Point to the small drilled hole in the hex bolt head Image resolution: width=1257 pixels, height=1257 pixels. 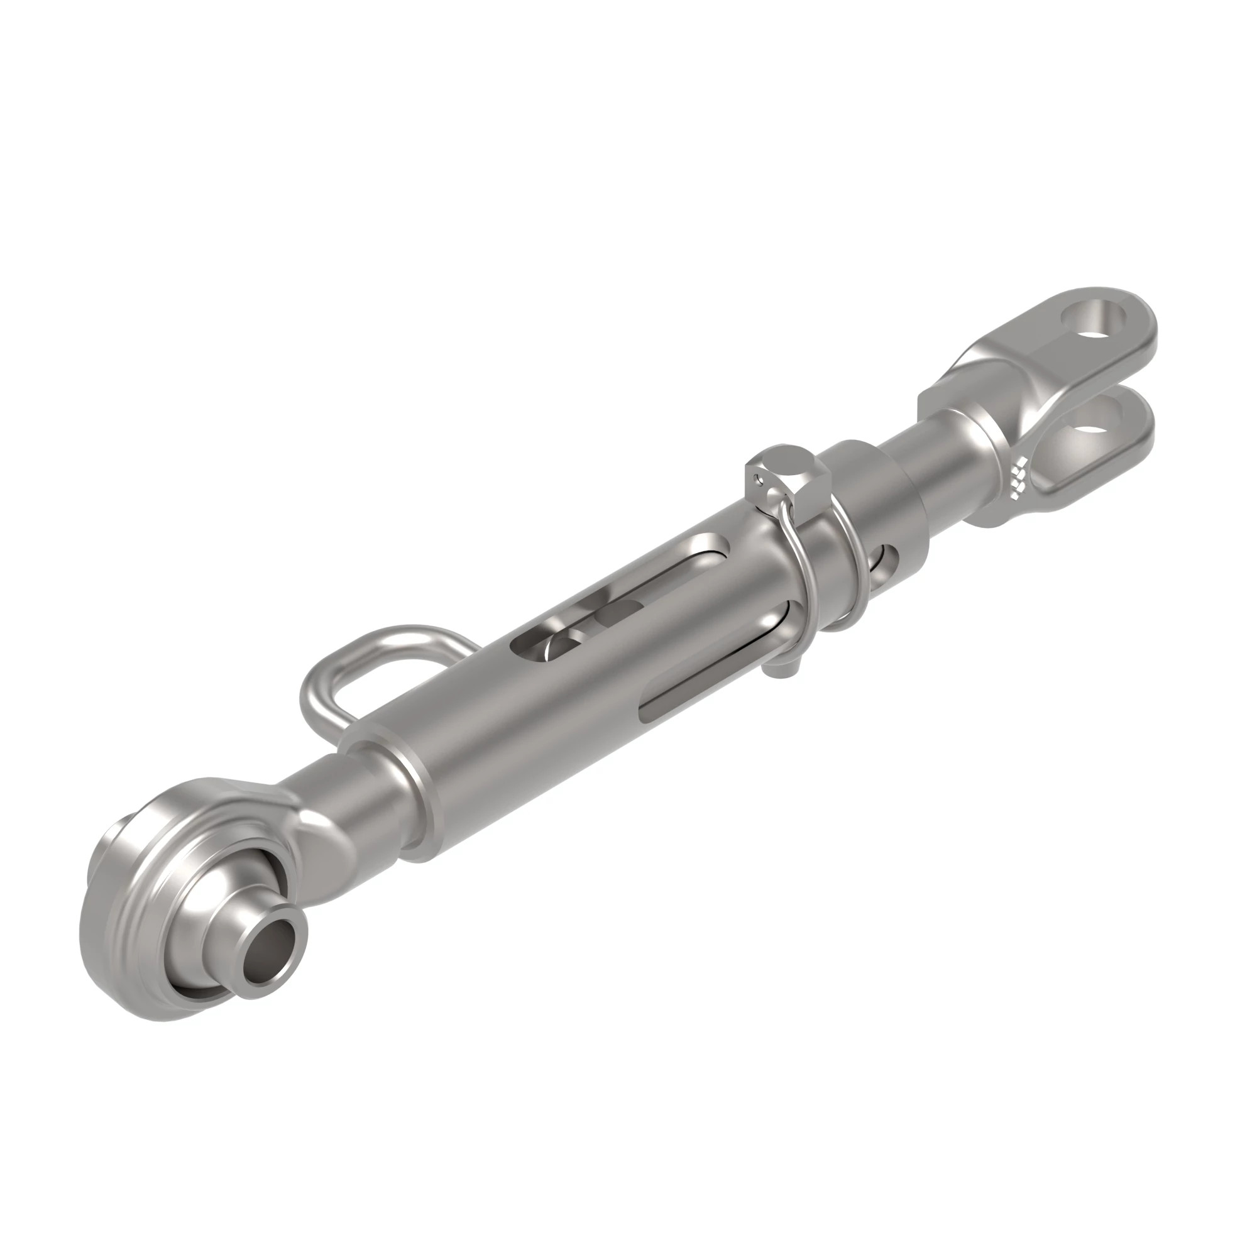point(757,481)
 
